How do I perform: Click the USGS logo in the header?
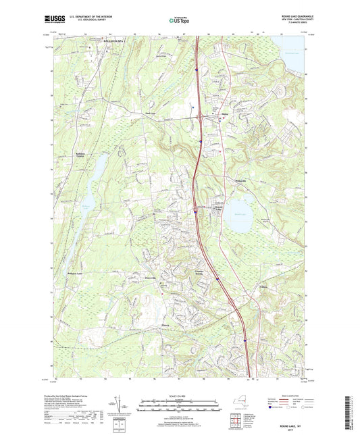[51, 20]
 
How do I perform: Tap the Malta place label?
[226, 114]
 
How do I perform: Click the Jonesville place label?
[150, 278]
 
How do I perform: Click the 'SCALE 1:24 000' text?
[179, 395]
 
